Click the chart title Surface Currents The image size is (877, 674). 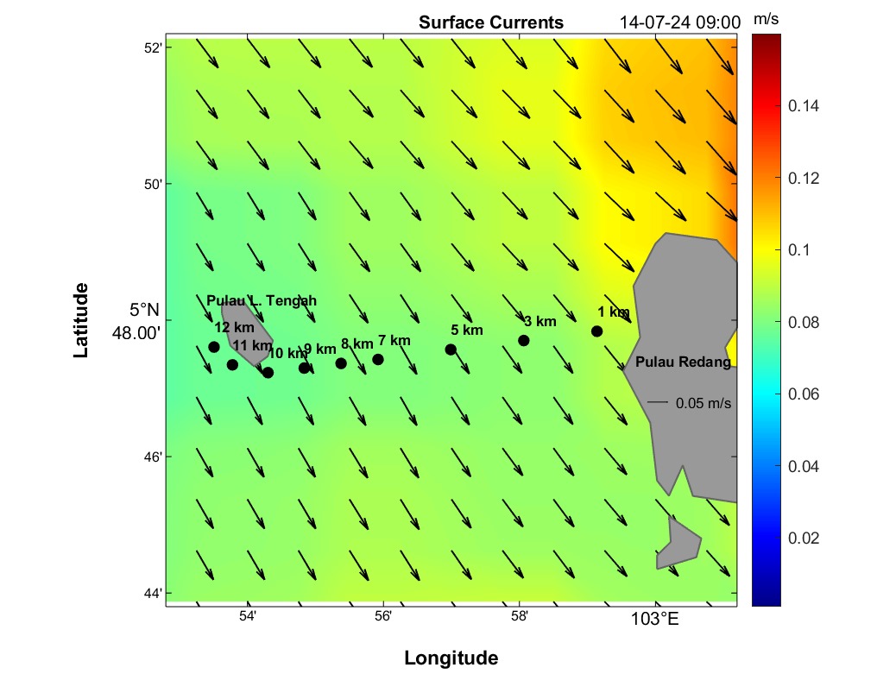pos(490,22)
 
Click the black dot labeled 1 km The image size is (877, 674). pos(596,331)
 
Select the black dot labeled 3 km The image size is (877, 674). pos(523,340)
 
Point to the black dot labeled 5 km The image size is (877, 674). pos(451,350)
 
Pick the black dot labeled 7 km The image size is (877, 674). pos(377,359)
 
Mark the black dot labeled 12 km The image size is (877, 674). pos(214,347)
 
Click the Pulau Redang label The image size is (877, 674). pos(683,362)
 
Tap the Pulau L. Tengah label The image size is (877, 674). pos(262,300)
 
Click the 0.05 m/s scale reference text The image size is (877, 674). pos(703,403)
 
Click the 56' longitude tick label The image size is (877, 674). pos(383,615)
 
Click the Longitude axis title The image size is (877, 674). pos(451,658)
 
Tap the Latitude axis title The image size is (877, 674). pos(81,319)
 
